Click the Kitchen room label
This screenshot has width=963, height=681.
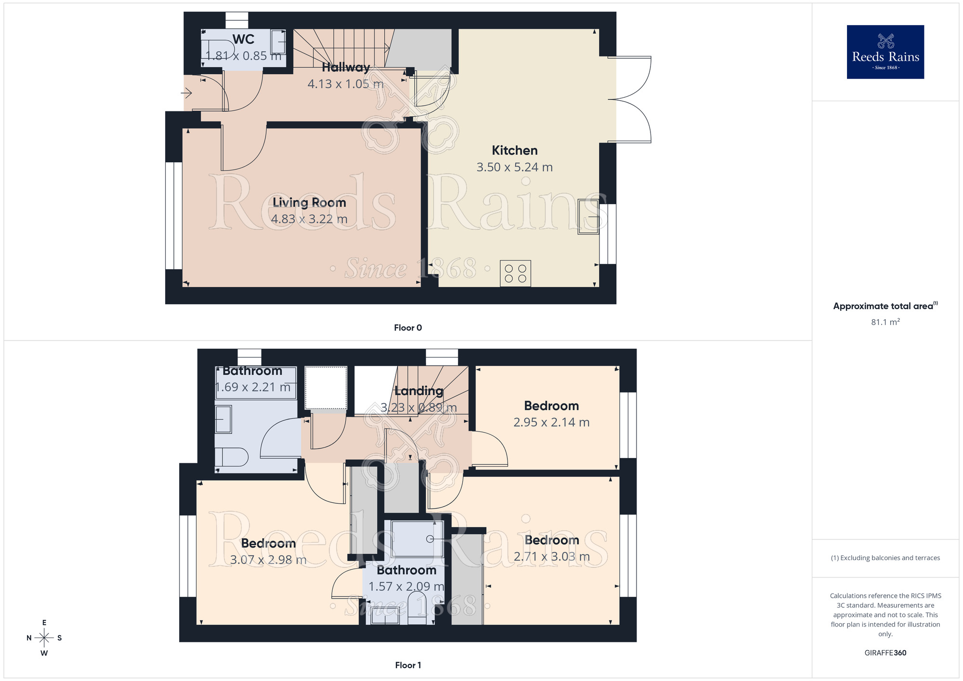[x=514, y=150]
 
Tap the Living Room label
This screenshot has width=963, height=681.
[x=309, y=202]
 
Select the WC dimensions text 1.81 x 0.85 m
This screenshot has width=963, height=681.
[x=244, y=56]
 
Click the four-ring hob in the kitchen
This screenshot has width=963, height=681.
[x=515, y=273]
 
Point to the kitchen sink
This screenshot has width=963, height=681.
[x=588, y=217]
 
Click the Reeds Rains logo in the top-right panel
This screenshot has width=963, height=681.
[x=885, y=52]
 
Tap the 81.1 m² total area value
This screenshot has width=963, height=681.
[x=885, y=322]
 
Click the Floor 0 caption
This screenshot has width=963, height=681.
[x=408, y=327]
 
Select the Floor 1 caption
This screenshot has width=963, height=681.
[x=408, y=665]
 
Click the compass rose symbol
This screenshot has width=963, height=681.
[x=44, y=638]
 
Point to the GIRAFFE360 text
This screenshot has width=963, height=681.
[x=885, y=653]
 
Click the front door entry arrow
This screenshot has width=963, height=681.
[x=187, y=92]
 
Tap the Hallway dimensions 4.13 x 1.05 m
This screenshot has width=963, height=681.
[x=345, y=84]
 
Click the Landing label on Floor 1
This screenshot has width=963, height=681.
[x=418, y=391]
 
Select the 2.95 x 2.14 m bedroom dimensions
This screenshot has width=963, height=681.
[x=551, y=422]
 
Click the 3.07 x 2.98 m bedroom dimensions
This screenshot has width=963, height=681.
[x=268, y=560]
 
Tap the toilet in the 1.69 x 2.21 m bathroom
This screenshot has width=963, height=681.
[x=233, y=457]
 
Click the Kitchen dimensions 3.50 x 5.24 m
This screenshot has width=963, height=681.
[x=514, y=167]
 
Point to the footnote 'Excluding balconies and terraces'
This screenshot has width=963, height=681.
[x=885, y=558]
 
